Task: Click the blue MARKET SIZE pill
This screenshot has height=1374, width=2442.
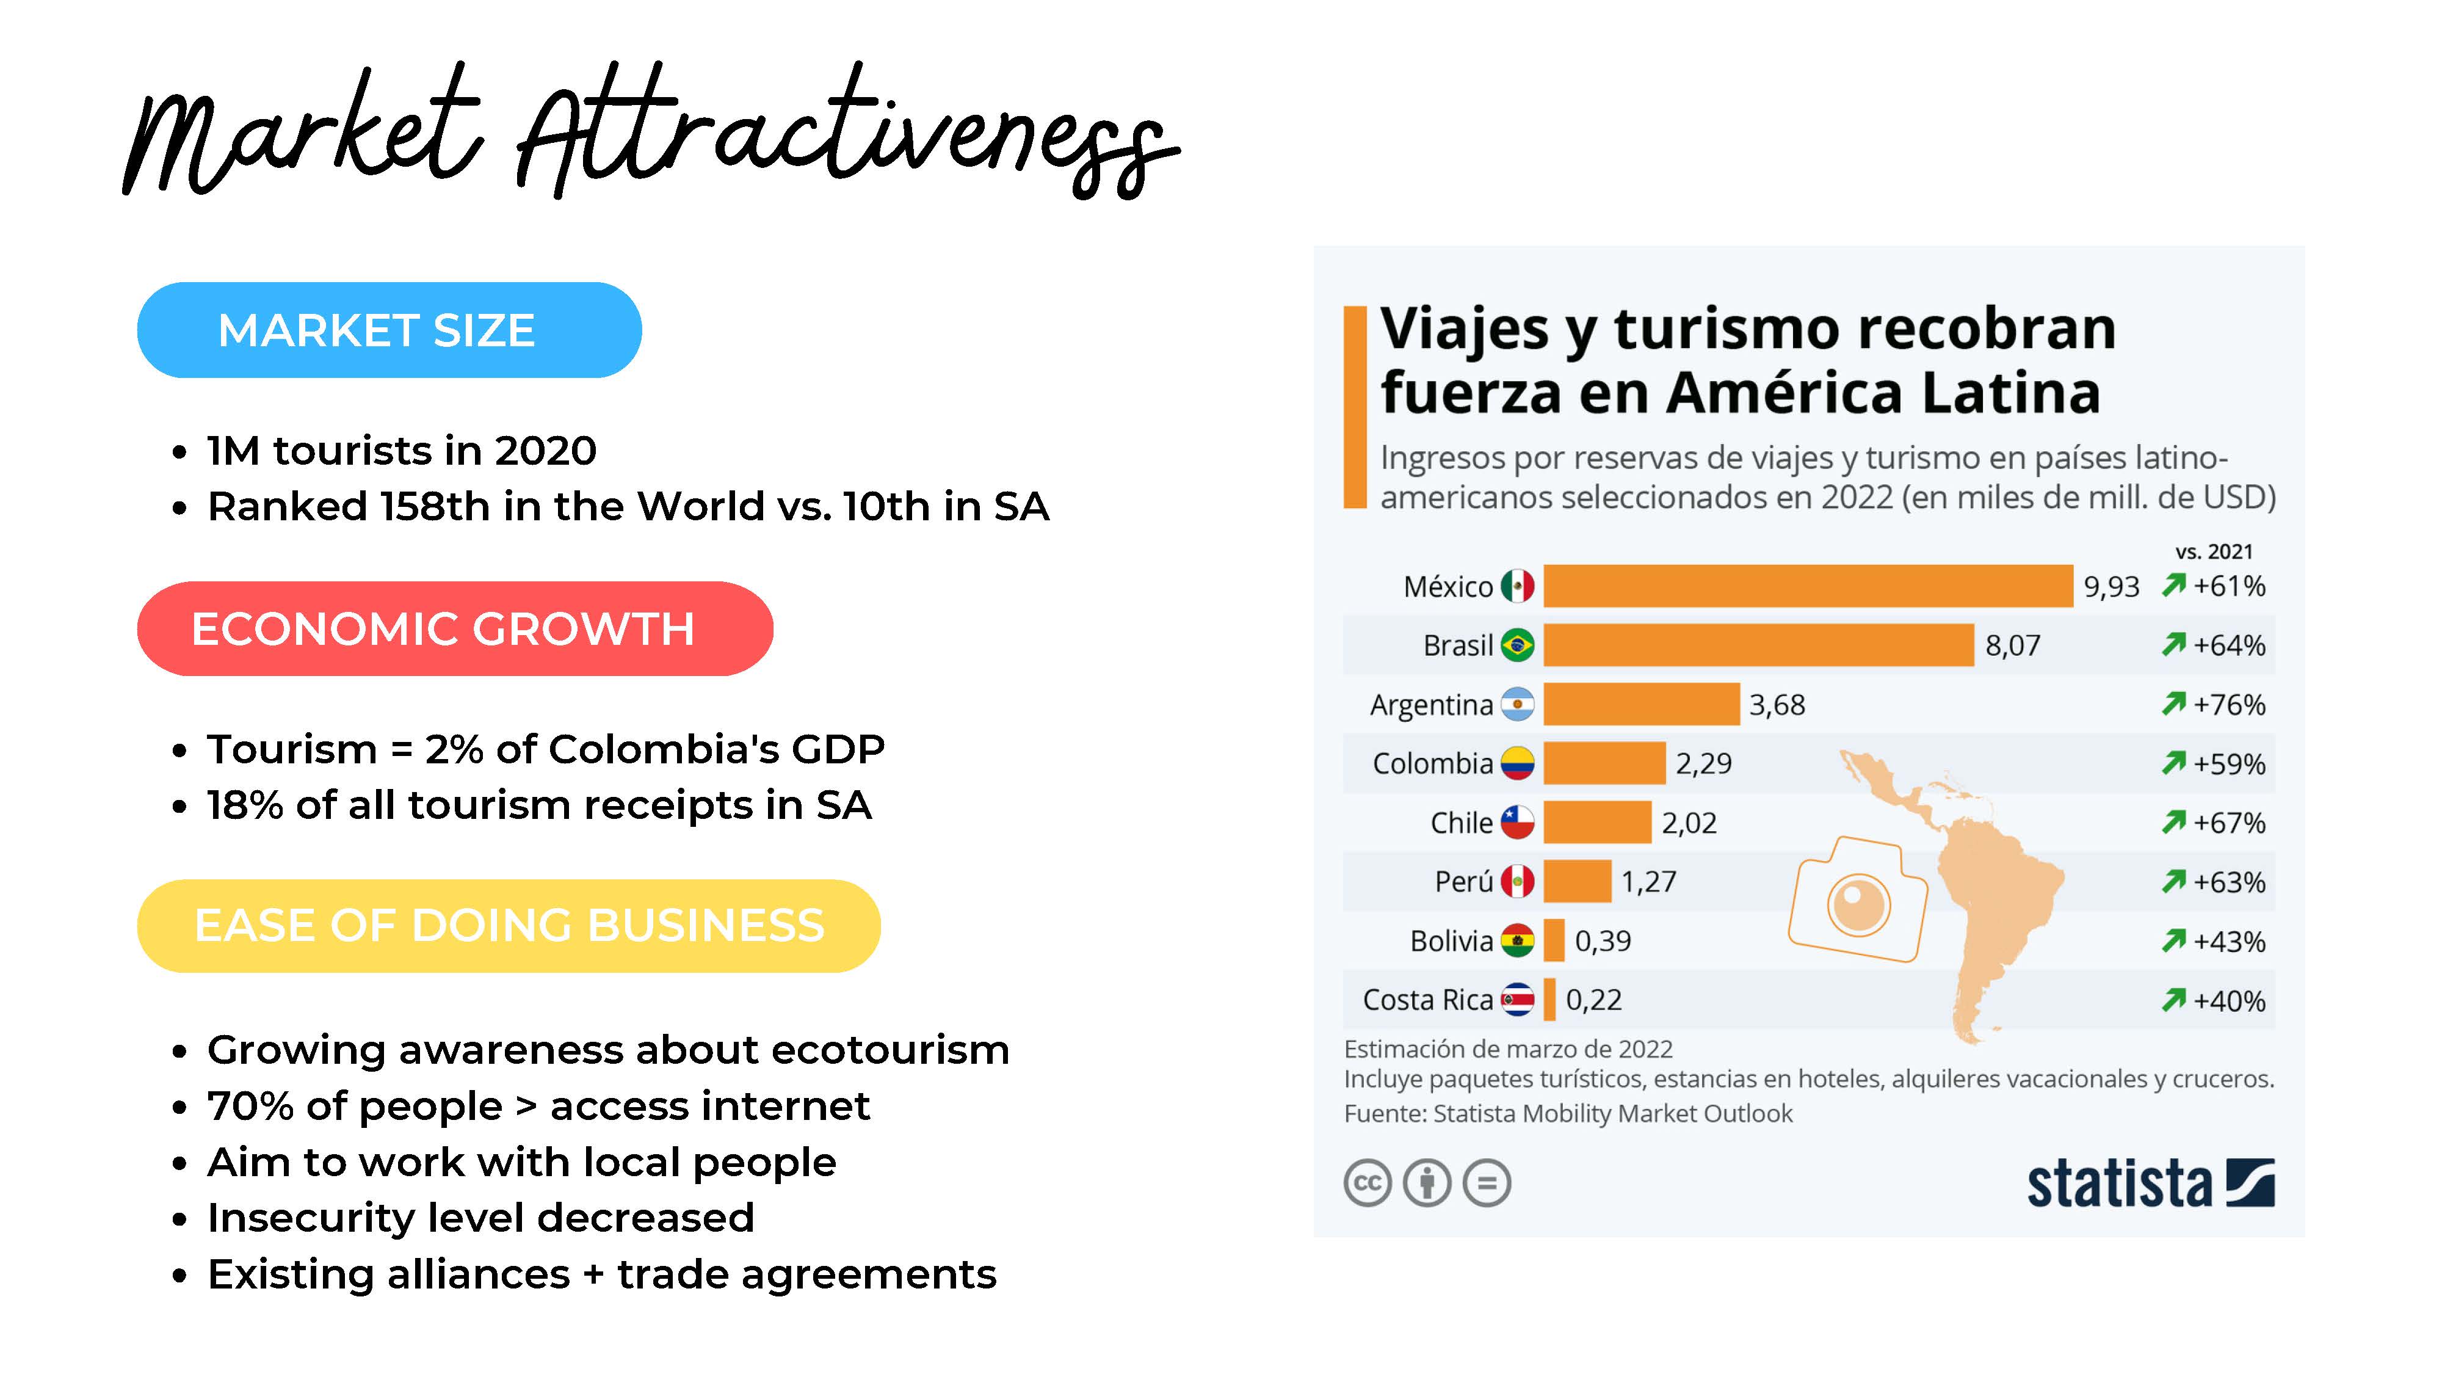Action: [x=389, y=330]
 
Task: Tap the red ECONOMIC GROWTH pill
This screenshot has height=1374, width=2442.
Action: [x=454, y=629]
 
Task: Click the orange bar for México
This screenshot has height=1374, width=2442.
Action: [x=1807, y=586]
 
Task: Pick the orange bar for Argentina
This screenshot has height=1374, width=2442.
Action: [x=1641, y=705]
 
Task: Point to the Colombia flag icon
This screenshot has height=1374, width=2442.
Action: [x=1516, y=763]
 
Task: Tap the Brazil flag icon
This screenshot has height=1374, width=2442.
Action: [x=1516, y=645]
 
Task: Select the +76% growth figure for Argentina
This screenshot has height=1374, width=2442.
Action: [x=2229, y=705]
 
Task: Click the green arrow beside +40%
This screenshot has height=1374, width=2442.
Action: [x=2173, y=1000]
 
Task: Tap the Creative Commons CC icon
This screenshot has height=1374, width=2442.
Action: [x=1367, y=1183]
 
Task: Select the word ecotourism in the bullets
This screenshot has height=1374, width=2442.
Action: [x=890, y=1050]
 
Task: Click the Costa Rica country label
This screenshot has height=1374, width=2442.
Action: [x=1427, y=1000]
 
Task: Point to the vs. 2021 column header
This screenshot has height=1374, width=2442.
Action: [x=2214, y=552]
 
